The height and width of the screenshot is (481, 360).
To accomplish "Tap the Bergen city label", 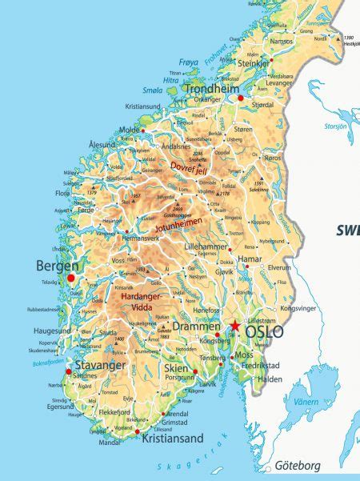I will pyautogui.click(x=57, y=265).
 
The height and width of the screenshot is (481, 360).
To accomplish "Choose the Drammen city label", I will pyautogui.click(x=196, y=327).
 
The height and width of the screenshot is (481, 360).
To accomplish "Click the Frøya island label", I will pyautogui.click(x=188, y=62).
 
